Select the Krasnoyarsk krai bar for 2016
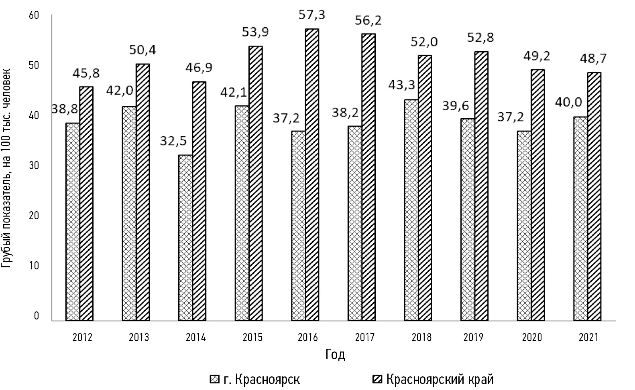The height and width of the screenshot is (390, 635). tap(312, 175)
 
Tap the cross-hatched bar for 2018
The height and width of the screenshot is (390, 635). tap(411, 210)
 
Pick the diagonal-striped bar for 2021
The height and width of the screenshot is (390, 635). tap(594, 196)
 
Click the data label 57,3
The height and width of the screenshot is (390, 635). tap(312, 15)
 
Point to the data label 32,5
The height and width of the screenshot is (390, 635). tap(173, 141)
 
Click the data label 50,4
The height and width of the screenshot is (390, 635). tap(142, 50)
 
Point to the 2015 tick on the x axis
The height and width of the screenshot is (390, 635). tap(252, 337)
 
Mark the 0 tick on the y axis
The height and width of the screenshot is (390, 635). tap(37, 316)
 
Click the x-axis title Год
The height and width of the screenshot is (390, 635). tap(335, 355)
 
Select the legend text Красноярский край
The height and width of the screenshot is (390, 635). tap(440, 379)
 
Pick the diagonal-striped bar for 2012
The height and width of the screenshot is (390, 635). tap(86, 204)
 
